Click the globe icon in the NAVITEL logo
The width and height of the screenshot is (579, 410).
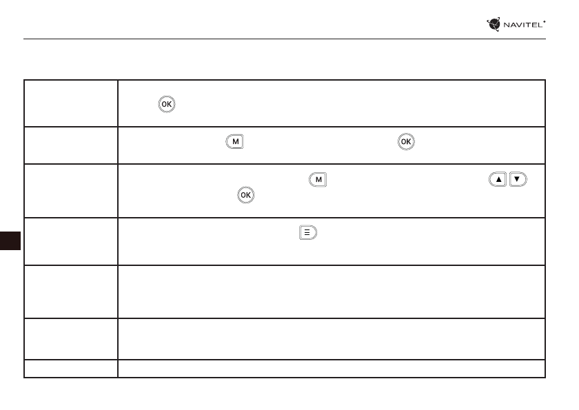(494, 24)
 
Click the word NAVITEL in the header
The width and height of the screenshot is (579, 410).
(523, 25)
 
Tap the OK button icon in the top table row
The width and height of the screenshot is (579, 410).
(167, 104)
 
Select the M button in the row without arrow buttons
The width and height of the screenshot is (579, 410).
(235, 142)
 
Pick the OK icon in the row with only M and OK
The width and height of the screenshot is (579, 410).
(406, 142)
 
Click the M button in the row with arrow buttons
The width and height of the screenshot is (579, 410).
(318, 180)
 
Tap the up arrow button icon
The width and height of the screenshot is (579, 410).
(498, 179)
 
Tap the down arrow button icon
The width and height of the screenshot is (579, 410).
(518, 179)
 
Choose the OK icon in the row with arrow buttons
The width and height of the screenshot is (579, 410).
(246, 195)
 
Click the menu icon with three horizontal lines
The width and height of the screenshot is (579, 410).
(308, 232)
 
